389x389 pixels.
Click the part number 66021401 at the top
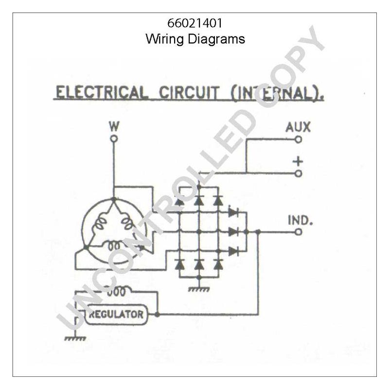[x=195, y=23]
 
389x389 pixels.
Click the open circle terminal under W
[x=114, y=139]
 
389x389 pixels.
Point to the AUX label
[x=298, y=127]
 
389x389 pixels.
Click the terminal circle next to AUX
[x=299, y=140]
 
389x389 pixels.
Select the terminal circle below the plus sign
[x=299, y=173]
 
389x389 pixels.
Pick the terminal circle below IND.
[x=299, y=232]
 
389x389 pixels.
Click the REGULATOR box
[x=116, y=314]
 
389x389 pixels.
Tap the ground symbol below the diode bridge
[x=199, y=289]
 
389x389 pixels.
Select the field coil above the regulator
[x=116, y=292]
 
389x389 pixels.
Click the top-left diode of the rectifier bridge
[x=179, y=200]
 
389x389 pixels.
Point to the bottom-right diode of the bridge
[x=218, y=264]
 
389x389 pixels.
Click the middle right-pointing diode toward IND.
[x=233, y=232]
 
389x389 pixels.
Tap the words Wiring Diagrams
[x=195, y=39]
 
